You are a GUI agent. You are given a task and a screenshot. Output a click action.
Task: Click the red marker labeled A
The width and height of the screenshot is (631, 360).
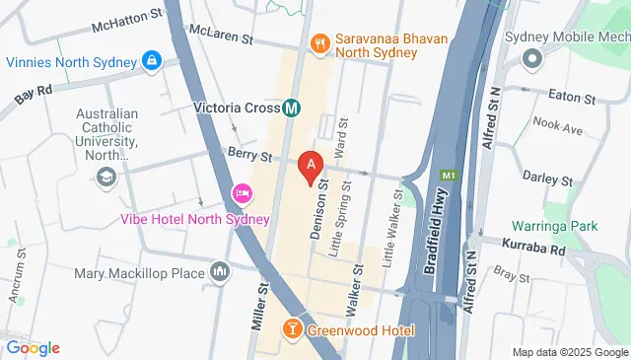point(312,166)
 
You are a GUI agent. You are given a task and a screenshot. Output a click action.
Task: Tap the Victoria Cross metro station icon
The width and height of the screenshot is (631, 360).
point(292,108)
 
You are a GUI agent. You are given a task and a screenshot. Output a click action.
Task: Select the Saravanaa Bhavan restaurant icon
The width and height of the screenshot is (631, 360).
point(319,41)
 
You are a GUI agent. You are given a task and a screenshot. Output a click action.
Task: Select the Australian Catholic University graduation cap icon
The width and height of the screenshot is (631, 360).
point(104,177)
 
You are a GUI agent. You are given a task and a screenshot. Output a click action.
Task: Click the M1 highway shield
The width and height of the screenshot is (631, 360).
point(449,176)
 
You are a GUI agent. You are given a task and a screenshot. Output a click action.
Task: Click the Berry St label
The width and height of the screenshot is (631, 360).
point(248,155)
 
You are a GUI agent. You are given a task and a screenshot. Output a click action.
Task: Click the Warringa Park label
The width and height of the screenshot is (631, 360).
point(559,226)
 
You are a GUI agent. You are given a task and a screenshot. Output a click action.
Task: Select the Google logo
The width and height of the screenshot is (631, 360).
point(33,347)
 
